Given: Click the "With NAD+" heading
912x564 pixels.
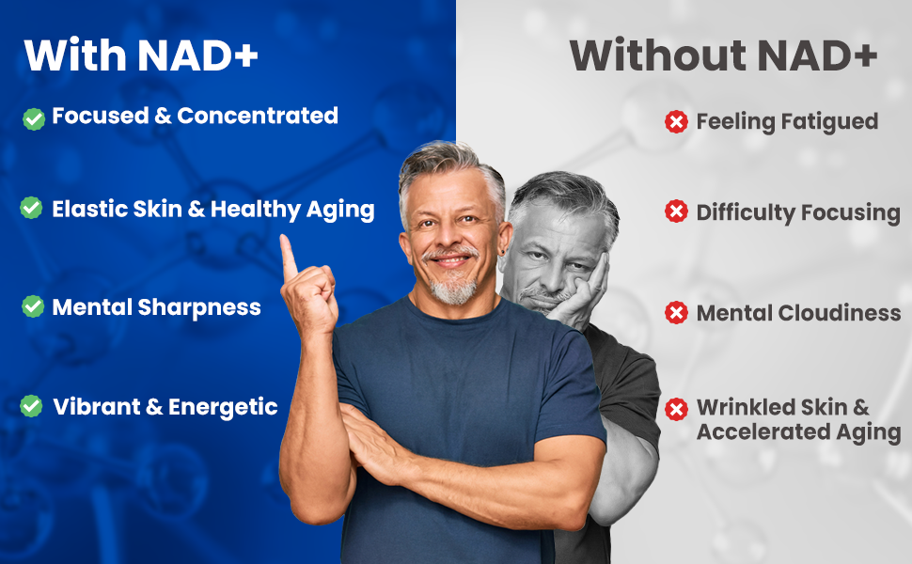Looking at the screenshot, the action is coord(141,55).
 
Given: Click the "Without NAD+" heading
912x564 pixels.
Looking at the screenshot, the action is coord(723,55).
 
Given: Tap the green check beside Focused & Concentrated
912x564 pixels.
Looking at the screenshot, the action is coord(34,119).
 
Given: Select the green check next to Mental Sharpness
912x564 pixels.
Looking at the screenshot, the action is coord(33,306).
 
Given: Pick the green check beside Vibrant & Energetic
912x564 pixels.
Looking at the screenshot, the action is coord(31,406).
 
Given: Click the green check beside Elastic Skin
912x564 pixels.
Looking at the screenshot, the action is coord(31,208).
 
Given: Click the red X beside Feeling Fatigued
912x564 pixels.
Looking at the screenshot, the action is coord(676,122).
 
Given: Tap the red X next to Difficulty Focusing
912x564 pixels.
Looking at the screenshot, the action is coord(676,211).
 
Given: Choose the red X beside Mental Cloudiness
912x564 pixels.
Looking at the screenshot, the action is coord(676,313).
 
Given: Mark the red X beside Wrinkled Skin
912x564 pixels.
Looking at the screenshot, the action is coord(676,409).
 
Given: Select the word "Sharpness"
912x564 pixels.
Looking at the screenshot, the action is coord(199,307).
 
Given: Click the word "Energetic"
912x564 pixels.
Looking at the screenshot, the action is coord(223,407).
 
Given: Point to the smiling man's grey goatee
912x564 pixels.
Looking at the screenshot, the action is coord(454,289).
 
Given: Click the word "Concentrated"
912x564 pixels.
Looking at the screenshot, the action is coord(257,116).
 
